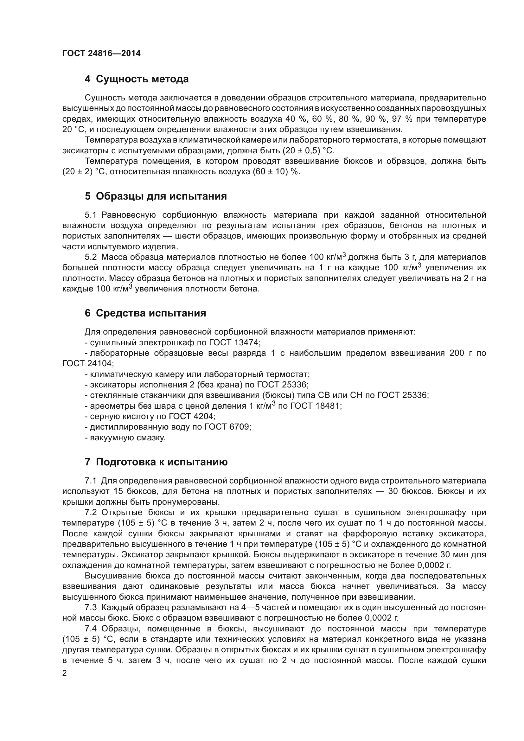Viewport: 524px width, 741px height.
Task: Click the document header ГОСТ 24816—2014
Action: click(101, 54)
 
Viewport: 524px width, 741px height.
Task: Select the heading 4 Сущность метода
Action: click(137, 79)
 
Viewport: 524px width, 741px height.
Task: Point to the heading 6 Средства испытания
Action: click(145, 313)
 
